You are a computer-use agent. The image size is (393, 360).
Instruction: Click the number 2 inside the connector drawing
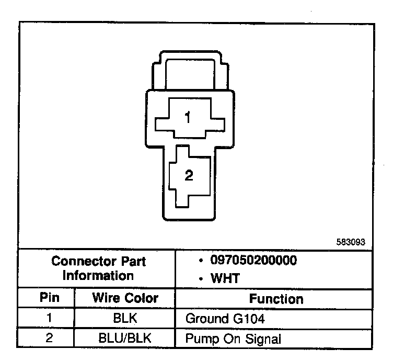tap(189, 176)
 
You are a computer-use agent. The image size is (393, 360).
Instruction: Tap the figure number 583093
tap(350, 242)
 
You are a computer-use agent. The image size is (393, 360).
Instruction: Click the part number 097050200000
tap(254, 261)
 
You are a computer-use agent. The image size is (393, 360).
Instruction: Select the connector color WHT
tap(225, 278)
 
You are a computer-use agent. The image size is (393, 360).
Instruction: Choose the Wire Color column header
tap(125, 298)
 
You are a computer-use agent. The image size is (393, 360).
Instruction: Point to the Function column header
tap(275, 299)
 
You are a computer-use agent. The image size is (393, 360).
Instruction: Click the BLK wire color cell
tap(125, 318)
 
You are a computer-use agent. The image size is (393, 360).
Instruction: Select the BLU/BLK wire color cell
tap(125, 337)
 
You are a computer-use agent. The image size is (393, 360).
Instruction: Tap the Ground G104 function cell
tap(222, 318)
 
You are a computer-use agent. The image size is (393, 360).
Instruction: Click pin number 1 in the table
tap(49, 318)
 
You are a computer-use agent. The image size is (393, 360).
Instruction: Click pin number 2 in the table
tap(49, 337)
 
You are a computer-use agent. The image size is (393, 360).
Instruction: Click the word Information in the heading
tap(98, 275)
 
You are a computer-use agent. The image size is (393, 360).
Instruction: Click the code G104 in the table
tap(245, 318)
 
